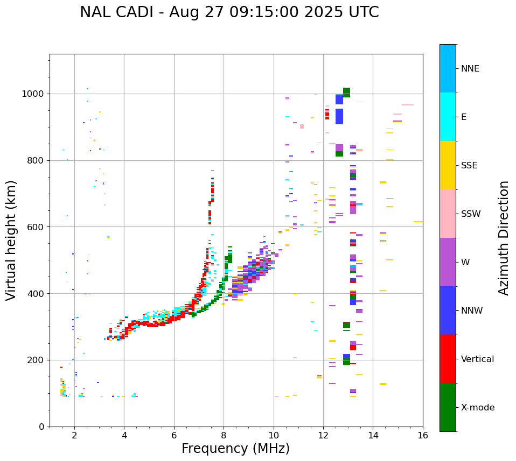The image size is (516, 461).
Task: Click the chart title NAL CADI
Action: tap(229, 12)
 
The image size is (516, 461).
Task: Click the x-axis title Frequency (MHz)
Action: tap(235, 449)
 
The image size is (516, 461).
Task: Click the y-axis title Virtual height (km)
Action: tap(11, 240)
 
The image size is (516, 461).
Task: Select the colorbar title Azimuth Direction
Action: tap(504, 237)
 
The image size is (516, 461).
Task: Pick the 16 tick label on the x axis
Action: tap(423, 435)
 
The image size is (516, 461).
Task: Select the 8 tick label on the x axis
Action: tap(224, 435)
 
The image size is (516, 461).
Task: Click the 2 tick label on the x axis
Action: tap(74, 435)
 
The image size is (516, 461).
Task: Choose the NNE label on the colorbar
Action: tap(470, 69)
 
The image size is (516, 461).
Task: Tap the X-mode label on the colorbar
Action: tap(477, 408)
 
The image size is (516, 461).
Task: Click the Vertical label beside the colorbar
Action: tap(477, 359)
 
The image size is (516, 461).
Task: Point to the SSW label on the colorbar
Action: tap(471, 214)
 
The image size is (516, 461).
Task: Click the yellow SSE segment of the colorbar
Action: tap(448, 165)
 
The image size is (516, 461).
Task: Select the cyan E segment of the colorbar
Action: tap(448, 117)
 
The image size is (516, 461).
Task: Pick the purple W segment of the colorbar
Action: tap(448, 262)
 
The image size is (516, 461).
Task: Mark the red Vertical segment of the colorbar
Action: tap(448, 359)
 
